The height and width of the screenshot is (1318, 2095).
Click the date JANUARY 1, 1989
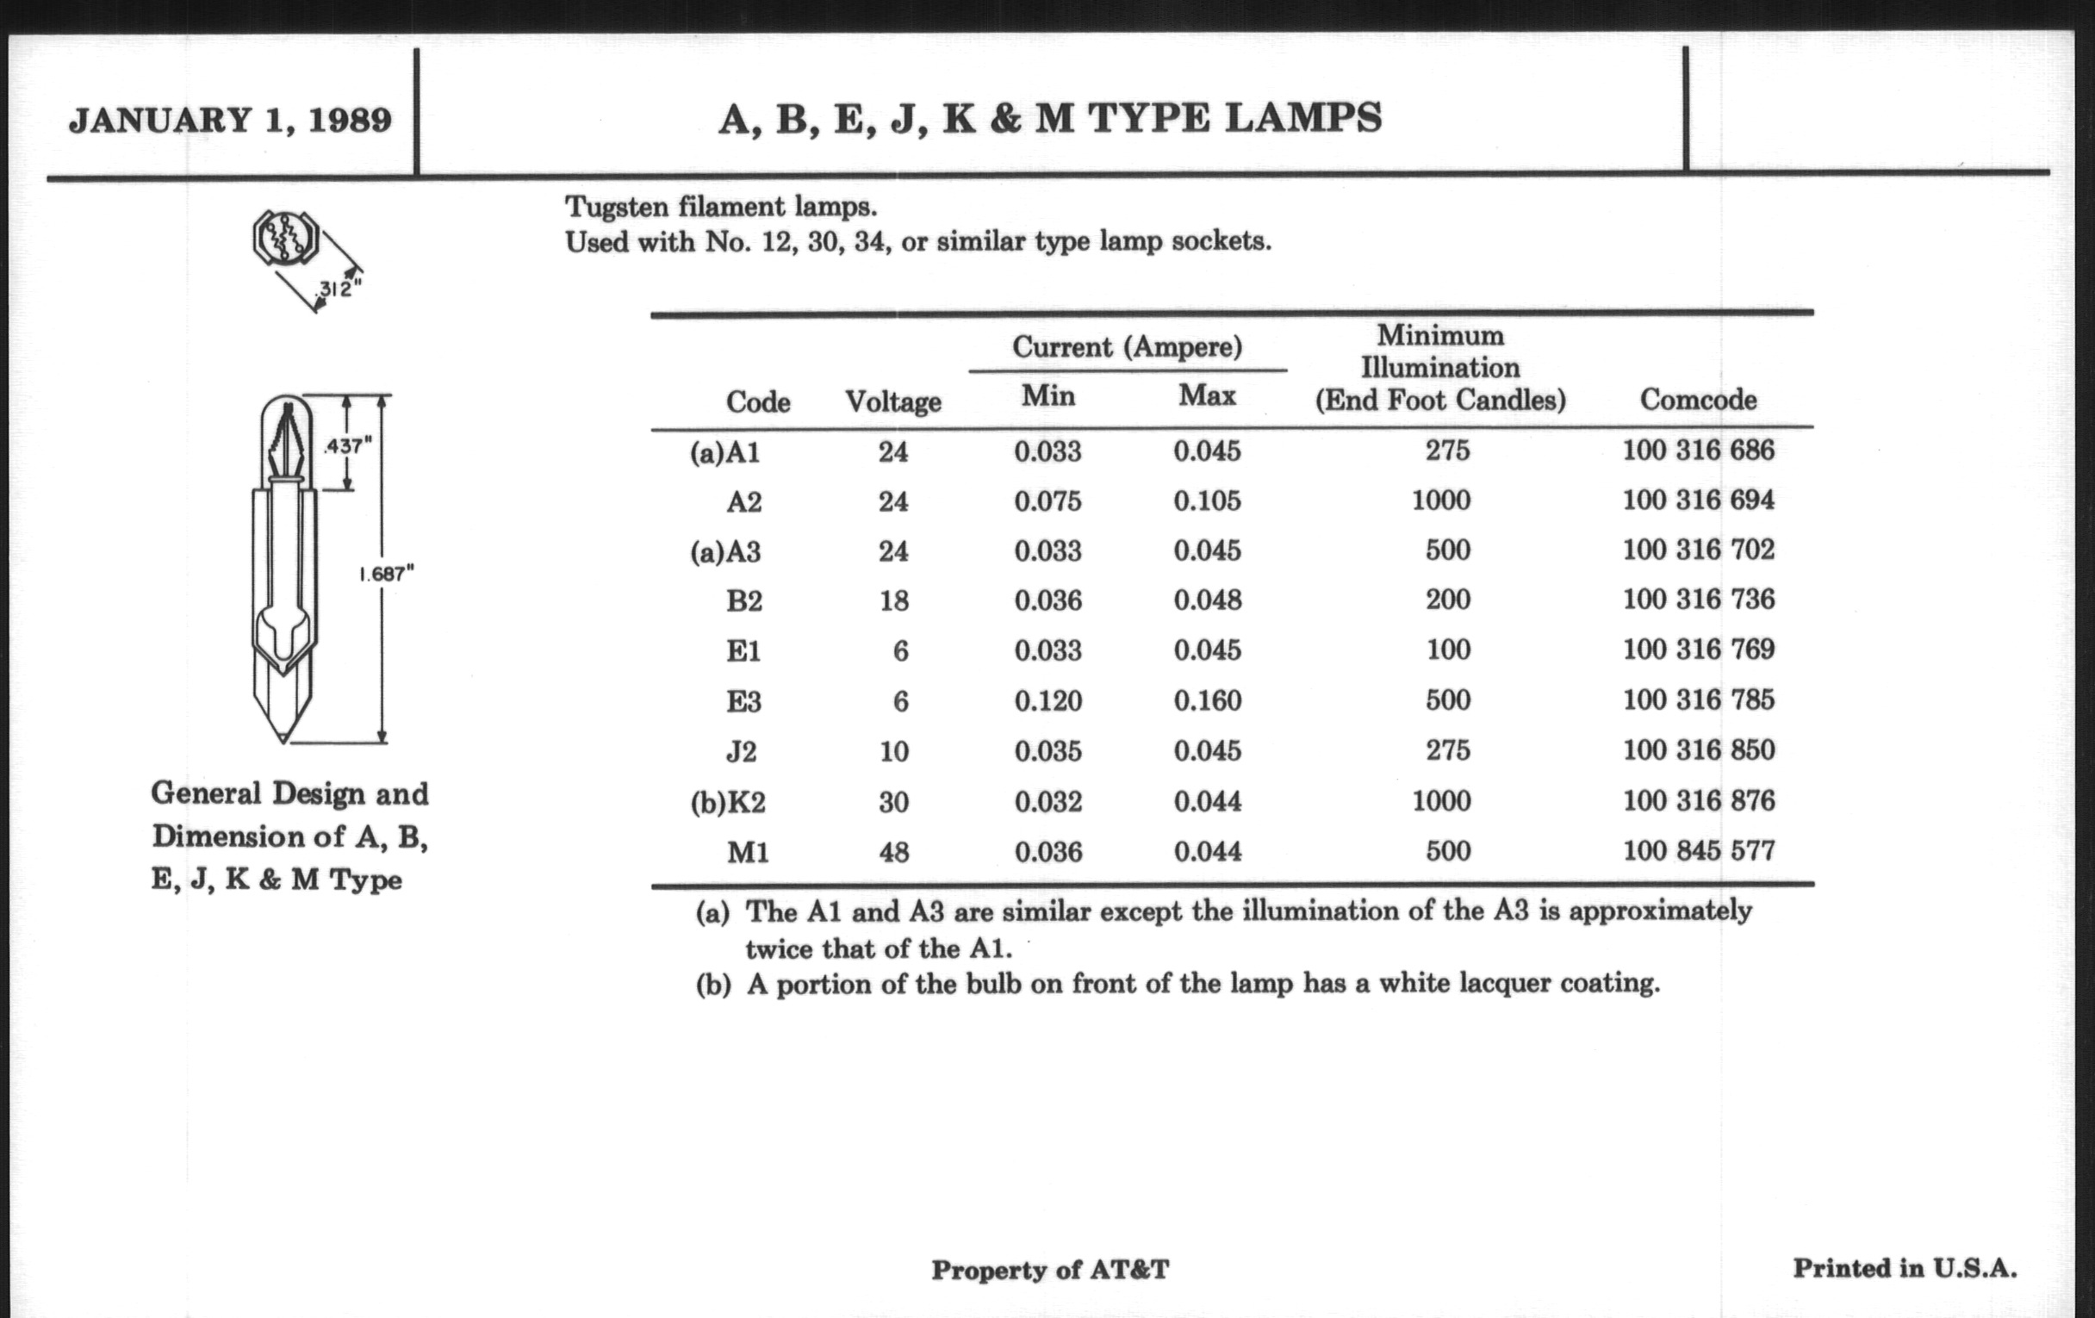pyautogui.click(x=230, y=120)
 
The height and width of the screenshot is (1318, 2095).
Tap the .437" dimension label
pyautogui.click(x=347, y=445)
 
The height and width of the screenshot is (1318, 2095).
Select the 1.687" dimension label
pyautogui.click(x=386, y=574)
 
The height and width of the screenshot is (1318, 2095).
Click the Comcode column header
pyautogui.click(x=1697, y=401)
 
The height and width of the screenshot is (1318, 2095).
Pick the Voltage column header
pyautogui.click(x=892, y=402)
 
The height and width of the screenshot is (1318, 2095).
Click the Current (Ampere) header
pyautogui.click(x=1127, y=347)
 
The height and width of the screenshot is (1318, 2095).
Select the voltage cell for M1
pyautogui.click(x=893, y=852)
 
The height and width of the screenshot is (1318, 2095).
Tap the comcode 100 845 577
pyautogui.click(x=1698, y=850)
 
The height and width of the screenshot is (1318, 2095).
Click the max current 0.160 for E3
pyautogui.click(x=1207, y=701)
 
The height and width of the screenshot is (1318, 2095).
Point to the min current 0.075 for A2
pyautogui.click(x=1047, y=502)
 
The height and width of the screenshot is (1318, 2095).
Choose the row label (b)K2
pyautogui.click(x=728, y=802)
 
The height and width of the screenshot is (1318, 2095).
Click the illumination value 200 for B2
pyautogui.click(x=1447, y=600)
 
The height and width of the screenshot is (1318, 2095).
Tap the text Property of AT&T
pyautogui.click(x=1049, y=1270)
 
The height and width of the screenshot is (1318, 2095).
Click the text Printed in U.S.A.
pyautogui.click(x=1905, y=1268)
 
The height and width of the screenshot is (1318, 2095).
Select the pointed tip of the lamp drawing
pyautogui.click(x=283, y=737)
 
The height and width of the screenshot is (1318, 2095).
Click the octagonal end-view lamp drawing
pyautogui.click(x=285, y=238)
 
